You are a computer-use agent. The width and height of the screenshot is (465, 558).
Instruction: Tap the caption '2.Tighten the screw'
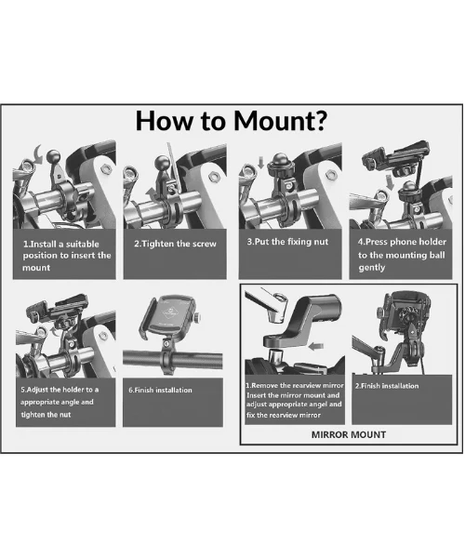(x=175, y=244)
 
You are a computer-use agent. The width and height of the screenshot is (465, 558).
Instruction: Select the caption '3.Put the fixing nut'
(x=287, y=242)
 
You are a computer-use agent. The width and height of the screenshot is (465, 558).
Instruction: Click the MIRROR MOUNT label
(x=349, y=434)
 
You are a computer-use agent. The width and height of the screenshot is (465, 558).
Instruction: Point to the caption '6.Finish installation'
(x=160, y=390)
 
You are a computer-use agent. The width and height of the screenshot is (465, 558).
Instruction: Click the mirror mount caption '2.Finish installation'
(x=387, y=386)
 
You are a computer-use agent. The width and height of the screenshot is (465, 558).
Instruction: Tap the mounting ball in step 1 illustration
(x=53, y=155)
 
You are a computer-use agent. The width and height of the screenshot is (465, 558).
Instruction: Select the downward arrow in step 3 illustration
(x=260, y=163)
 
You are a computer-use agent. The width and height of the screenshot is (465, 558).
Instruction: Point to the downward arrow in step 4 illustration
(x=391, y=182)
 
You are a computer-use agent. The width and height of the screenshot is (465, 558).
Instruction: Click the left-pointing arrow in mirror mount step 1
(x=316, y=346)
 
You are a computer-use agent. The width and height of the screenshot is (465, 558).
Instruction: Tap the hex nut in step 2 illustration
(x=213, y=176)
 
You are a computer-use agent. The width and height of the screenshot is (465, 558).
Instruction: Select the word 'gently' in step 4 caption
(x=372, y=268)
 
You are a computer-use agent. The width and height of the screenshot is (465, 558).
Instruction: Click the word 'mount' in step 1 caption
(x=36, y=268)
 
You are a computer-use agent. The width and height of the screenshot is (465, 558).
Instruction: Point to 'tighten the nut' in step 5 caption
(x=46, y=415)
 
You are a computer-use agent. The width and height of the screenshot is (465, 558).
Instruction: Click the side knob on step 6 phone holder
(x=197, y=317)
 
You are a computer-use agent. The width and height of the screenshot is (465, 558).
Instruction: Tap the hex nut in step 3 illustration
(x=330, y=175)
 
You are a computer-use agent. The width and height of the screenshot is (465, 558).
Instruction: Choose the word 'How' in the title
(x=166, y=121)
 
